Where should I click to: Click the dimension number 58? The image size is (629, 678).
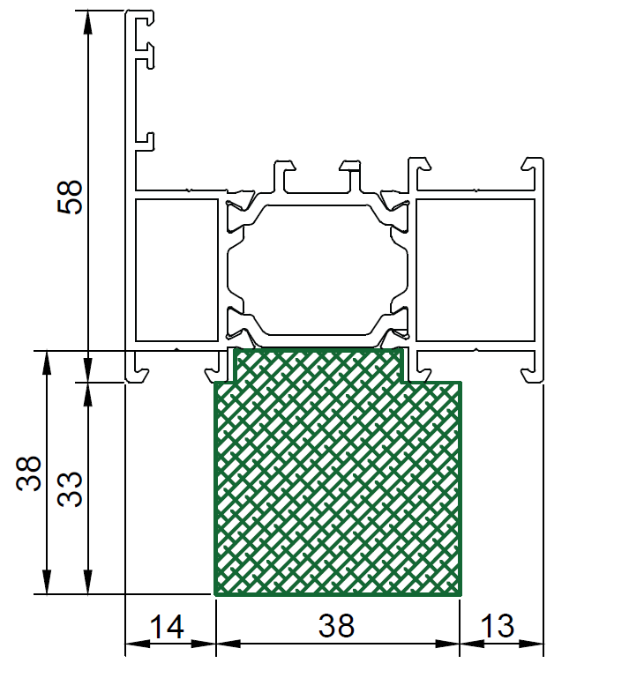tap(69, 197)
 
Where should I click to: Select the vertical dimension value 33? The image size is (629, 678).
tap(69, 489)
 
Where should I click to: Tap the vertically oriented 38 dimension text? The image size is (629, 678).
tap(28, 473)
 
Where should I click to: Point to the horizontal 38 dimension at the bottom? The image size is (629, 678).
tap(337, 626)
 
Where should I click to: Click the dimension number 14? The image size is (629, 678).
tap(167, 627)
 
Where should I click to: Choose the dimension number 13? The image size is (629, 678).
tap(497, 626)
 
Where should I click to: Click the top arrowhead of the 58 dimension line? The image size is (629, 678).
tap(88, 23)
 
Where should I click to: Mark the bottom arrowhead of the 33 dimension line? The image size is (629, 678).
tap(88, 582)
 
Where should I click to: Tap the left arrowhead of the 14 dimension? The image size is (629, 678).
tap(138, 644)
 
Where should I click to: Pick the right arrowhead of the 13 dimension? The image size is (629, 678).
tap(531, 644)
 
